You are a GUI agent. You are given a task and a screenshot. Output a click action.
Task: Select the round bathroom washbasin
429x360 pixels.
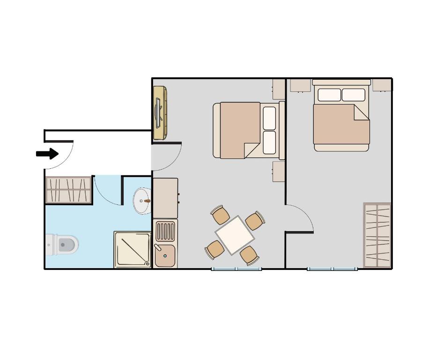coord(142,201)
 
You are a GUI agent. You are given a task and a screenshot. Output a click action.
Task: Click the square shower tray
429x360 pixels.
coord(133,249)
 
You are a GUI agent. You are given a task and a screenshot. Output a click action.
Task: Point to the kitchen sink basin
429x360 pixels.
coord(164,255)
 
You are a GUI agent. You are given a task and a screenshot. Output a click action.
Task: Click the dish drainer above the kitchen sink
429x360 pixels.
coord(165,231)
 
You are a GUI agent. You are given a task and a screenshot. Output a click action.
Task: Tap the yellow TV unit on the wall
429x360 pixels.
coord(160,113)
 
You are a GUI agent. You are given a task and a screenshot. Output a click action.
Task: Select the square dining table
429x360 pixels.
coord(235,235)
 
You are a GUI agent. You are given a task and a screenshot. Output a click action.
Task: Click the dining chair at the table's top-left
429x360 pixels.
coord(220,215)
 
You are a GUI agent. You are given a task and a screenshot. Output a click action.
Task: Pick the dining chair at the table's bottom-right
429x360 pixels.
coord(249,255)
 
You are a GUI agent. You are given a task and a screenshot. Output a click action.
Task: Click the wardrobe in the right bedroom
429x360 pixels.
coord(377,235)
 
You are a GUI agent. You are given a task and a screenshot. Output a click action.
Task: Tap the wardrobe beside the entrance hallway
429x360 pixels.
coord(68,190)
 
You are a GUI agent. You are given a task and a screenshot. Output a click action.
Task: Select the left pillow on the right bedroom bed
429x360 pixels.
coord(329,95)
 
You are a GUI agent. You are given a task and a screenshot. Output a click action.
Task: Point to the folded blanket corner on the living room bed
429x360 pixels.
coord(252,150)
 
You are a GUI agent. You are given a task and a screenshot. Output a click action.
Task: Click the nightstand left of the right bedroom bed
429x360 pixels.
coord(300,85)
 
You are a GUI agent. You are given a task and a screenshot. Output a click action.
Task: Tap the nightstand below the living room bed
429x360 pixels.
coord(279,172)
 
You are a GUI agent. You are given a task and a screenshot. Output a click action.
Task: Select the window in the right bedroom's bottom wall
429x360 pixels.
coord(333,269)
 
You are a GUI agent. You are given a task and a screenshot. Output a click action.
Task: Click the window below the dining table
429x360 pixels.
coord(236,269)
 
